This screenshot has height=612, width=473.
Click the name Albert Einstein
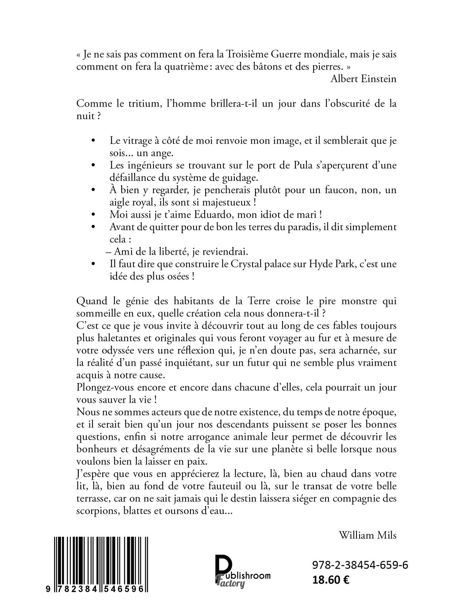click(x=363, y=79)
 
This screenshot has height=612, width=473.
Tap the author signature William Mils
click(x=367, y=535)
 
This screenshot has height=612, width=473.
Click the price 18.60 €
click(x=331, y=579)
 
